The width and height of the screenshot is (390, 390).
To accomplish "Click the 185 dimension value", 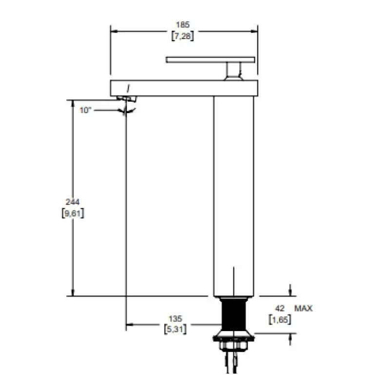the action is pos(183,25).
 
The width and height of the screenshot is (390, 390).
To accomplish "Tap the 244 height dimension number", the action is pos(72,202).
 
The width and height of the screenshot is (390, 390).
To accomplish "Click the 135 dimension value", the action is pos(175,319).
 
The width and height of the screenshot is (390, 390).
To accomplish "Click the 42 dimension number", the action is pos(279,309).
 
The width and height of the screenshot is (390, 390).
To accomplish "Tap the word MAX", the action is pos(303,309).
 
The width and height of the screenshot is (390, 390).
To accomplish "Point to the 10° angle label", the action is pos(85,110).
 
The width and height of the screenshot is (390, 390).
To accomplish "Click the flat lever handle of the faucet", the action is pos(211,60).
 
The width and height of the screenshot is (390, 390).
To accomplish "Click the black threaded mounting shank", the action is pos(234,315).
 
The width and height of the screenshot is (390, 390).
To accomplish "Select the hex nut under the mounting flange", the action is pos(234,346).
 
